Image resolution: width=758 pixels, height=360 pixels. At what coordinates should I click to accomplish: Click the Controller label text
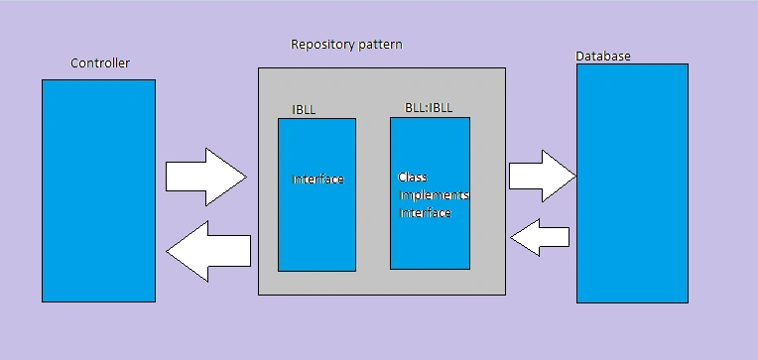tap(100, 62)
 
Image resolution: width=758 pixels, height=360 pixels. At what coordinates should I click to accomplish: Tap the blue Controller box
tap(98, 190)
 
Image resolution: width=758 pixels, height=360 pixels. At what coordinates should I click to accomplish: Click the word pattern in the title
tap(381, 45)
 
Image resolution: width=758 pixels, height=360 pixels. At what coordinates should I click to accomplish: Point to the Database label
tap(603, 57)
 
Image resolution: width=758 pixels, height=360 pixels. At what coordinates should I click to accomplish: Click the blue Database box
tap(632, 183)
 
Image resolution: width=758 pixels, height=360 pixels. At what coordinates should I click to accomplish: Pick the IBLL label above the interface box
tap(304, 110)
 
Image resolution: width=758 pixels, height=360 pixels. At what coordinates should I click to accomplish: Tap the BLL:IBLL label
tap(429, 107)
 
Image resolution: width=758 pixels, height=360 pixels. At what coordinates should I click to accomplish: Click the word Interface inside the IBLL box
tap(317, 180)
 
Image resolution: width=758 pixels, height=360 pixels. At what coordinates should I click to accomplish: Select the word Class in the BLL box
tap(413, 177)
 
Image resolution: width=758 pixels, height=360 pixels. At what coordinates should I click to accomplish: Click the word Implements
tap(434, 195)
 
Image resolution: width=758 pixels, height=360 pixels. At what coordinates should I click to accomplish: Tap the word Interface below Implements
tap(425, 212)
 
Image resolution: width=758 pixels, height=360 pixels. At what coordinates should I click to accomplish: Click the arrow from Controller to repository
tap(206, 177)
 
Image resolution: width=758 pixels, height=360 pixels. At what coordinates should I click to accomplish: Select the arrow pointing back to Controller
tap(208, 251)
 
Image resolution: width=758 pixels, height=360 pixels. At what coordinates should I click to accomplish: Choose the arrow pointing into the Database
tap(543, 176)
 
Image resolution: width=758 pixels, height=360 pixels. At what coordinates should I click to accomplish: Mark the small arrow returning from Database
tap(540, 237)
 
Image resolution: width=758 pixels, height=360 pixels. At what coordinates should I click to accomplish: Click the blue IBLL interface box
tap(317, 194)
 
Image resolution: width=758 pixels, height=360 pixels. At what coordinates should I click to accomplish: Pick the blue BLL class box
tap(431, 193)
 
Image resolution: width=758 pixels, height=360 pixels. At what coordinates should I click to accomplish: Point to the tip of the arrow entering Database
tap(575, 177)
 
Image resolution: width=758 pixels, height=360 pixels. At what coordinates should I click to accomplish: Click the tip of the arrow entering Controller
tap(167, 251)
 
